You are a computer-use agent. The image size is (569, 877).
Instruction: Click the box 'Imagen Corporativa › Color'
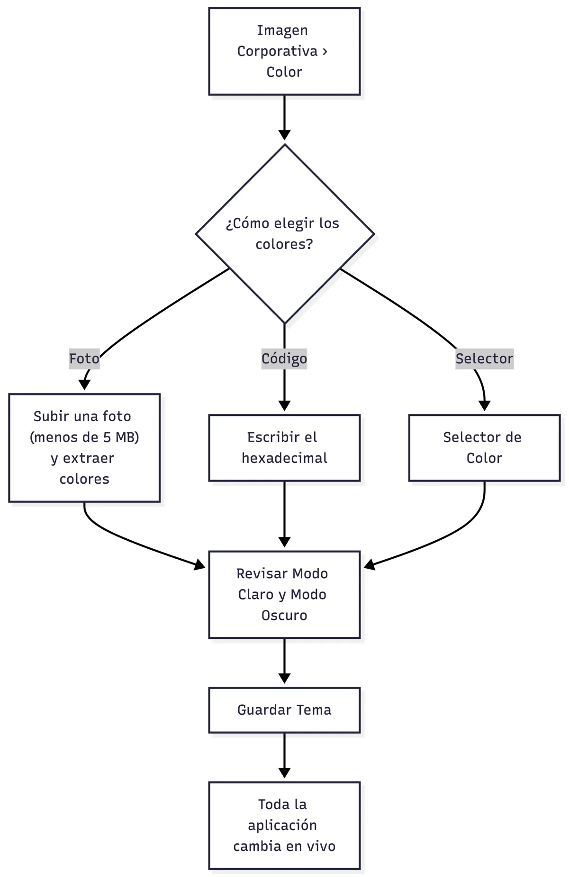pyautogui.click(x=284, y=51)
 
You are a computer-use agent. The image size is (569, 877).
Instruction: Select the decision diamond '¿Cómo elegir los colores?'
pyautogui.click(x=285, y=234)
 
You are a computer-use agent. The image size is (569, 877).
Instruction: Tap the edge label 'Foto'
pyautogui.click(x=84, y=359)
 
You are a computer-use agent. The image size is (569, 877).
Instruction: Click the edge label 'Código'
pyautogui.click(x=284, y=359)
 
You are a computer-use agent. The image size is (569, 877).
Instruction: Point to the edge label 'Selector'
pyautogui.click(x=484, y=359)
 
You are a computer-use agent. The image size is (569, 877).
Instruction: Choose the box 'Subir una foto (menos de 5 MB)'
pyautogui.click(x=84, y=448)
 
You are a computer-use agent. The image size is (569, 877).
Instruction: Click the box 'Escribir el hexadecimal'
pyautogui.click(x=284, y=448)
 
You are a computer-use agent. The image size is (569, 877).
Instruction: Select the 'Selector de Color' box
pyautogui.click(x=484, y=448)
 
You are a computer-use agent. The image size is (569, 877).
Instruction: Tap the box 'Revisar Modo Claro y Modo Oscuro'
pyautogui.click(x=284, y=594)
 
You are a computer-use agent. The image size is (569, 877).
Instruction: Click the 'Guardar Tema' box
pyautogui.click(x=284, y=710)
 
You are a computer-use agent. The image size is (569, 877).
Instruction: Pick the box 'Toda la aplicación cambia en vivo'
pyautogui.click(x=284, y=825)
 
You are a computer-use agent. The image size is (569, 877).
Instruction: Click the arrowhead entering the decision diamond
pyautogui.click(x=284, y=135)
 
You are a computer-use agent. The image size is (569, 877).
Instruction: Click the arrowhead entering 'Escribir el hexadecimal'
pyautogui.click(x=284, y=406)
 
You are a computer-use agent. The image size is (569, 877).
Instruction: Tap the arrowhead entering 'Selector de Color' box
pyautogui.click(x=484, y=406)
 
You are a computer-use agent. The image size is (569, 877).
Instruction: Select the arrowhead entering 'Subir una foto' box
pyautogui.click(x=84, y=385)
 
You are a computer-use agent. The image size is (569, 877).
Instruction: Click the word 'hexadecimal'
pyautogui.click(x=284, y=458)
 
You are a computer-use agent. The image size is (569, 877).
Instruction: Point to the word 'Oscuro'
pyautogui.click(x=284, y=616)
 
